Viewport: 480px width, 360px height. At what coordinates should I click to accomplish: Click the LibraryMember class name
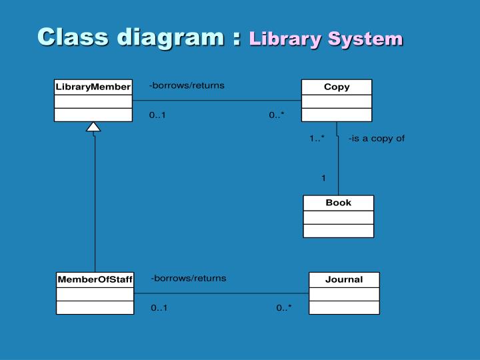(93, 87)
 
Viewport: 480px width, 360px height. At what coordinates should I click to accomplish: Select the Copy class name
(337, 87)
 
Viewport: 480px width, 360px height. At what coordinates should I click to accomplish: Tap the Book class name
(338, 203)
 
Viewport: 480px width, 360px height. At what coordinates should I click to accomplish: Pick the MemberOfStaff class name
(95, 279)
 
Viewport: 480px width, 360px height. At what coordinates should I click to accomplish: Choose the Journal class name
(344, 279)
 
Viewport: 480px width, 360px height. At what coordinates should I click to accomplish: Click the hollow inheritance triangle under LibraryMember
(94, 127)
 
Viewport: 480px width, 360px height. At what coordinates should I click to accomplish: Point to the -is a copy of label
(376, 139)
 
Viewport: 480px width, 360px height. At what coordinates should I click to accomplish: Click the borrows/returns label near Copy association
(187, 85)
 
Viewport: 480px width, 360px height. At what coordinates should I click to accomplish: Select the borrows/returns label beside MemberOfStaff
(189, 278)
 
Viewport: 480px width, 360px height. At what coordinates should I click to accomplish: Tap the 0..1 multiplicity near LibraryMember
(157, 115)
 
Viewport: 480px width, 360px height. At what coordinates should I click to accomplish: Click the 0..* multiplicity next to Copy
(277, 115)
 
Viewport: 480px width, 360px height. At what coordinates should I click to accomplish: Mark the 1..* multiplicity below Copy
(317, 139)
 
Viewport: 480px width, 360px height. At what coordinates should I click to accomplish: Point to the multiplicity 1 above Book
(323, 178)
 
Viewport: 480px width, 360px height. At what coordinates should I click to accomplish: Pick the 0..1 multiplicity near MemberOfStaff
(159, 308)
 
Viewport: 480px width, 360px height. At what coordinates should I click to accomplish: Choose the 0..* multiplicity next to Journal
(284, 308)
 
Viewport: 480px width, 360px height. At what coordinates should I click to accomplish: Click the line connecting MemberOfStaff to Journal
(220, 293)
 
